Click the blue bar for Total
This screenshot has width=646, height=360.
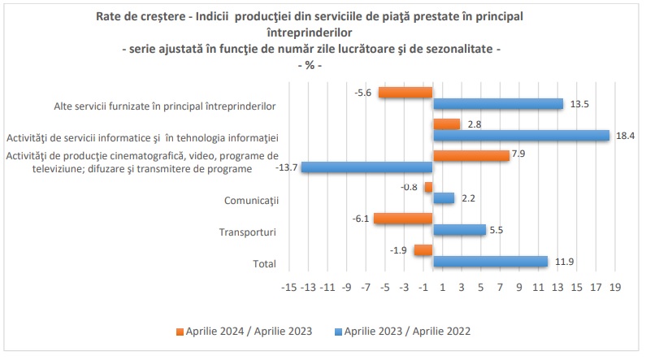click(490, 261)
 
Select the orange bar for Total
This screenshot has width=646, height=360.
click(423, 249)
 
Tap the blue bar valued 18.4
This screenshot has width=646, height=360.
click(521, 136)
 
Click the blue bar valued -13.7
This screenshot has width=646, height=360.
click(366, 167)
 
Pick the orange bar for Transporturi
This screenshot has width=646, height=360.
click(403, 219)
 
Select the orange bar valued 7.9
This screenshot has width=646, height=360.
click(471, 155)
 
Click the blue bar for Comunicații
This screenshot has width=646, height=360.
click(444, 198)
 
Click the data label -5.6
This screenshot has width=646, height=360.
click(363, 93)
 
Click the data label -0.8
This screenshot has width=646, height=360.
click(410, 187)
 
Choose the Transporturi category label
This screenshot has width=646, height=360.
click(248, 232)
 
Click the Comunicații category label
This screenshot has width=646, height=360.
click(250, 201)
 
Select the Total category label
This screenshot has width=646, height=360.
click(264, 263)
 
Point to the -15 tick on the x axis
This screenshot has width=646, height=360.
click(288, 287)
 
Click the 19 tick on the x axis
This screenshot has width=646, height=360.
click(615, 287)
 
